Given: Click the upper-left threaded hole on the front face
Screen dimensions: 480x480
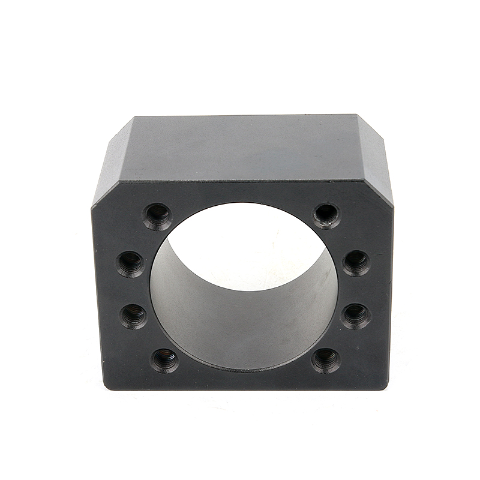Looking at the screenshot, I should point(157,216).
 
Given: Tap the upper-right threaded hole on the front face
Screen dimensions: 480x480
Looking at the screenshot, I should point(326,215).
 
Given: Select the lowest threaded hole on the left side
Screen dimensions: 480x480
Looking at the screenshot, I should point(164,360).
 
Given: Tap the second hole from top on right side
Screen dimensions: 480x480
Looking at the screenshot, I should point(356,263).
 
